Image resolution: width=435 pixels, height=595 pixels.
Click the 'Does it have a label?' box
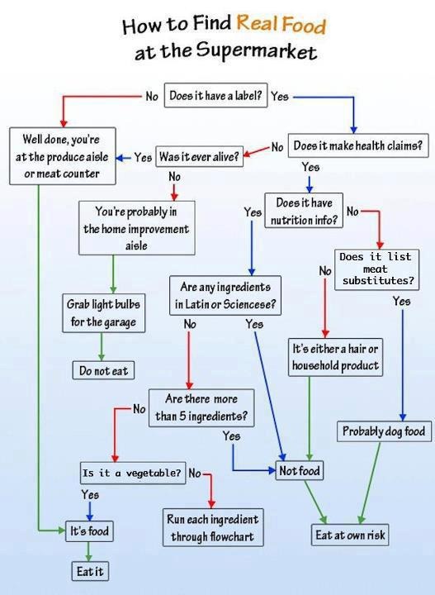point(215,95)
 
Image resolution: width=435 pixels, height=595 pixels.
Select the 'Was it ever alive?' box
point(199,156)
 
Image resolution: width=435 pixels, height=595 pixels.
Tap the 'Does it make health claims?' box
point(358,145)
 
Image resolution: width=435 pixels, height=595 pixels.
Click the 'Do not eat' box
point(103,370)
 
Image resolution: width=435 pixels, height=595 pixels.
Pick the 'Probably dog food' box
point(384,431)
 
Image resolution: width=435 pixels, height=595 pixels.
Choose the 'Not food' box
point(300,470)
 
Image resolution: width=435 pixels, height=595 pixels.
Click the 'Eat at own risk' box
point(350,535)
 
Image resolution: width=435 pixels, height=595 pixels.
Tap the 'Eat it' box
point(90,571)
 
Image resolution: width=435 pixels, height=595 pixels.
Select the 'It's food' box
point(89,531)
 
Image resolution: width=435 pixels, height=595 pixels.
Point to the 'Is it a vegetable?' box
point(133,473)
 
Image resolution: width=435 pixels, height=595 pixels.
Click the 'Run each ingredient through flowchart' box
point(213,527)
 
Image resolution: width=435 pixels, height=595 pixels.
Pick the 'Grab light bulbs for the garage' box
point(103,313)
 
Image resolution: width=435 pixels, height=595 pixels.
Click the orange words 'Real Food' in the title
point(281,24)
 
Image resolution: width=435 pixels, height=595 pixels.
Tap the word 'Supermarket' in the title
point(257,50)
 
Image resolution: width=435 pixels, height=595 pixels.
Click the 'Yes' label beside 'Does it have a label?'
point(280,97)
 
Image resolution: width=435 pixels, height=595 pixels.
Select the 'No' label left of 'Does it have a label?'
point(152,97)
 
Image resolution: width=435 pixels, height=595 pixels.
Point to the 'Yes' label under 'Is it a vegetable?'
point(90,495)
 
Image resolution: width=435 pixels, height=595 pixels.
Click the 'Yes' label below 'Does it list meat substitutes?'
point(402,302)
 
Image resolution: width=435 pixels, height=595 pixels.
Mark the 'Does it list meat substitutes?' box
point(376,269)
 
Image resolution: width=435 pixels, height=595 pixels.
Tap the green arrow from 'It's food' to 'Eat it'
point(88,551)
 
